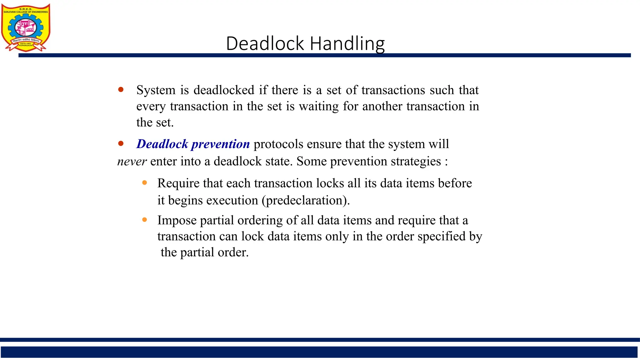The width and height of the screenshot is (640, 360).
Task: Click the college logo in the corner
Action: point(26,27)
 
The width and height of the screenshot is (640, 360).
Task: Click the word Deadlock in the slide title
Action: point(265,43)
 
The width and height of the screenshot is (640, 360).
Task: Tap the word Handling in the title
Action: point(347,44)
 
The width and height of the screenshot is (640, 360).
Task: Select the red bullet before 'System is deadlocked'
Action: point(121,90)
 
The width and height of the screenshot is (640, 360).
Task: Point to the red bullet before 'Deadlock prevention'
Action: point(121,144)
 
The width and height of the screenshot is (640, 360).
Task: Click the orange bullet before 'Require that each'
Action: point(144,183)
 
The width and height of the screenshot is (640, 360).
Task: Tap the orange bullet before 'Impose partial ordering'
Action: point(144,220)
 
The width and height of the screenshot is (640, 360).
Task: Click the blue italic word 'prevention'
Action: point(221,144)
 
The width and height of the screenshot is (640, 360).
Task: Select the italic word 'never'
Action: point(132,162)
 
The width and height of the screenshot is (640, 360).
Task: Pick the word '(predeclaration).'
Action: point(306,201)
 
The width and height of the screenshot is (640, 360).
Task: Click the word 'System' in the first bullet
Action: point(156,90)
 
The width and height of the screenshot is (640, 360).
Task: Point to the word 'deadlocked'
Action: point(224,90)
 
